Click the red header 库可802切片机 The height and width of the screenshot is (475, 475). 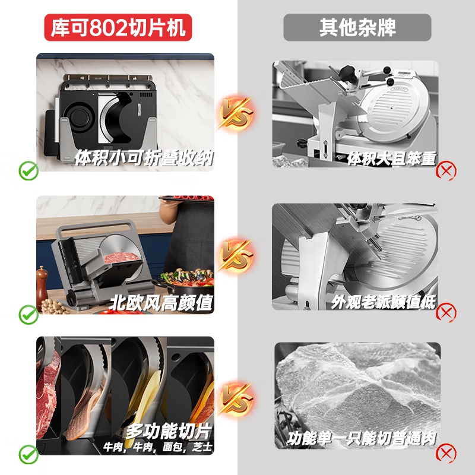[x=118, y=27]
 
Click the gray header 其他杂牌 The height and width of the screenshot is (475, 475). [x=357, y=27]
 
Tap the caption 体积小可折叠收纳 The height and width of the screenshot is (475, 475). [x=144, y=158]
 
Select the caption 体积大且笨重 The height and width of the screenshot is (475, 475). [x=392, y=159]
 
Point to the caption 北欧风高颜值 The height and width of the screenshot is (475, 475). [x=161, y=302]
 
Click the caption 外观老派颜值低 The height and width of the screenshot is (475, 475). [x=383, y=302]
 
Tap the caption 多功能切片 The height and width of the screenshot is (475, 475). [x=169, y=431]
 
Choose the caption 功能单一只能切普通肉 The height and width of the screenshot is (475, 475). [x=362, y=439]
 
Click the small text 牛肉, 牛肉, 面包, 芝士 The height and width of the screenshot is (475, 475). [x=158, y=447]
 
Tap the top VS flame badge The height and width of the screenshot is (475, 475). [x=236, y=113]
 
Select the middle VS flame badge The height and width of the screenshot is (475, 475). [x=236, y=255]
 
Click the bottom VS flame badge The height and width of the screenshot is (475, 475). [x=236, y=398]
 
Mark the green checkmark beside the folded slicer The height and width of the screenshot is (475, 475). [x=28, y=171]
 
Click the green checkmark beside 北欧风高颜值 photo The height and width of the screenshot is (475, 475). [x=28, y=315]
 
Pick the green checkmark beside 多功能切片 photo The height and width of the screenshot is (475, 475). [x=28, y=454]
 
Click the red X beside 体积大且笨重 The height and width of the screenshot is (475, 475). [x=446, y=172]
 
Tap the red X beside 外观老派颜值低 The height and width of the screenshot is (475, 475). [x=446, y=312]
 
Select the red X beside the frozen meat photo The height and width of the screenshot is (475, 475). [x=446, y=453]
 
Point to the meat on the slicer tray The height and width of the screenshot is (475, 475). [x=121, y=257]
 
